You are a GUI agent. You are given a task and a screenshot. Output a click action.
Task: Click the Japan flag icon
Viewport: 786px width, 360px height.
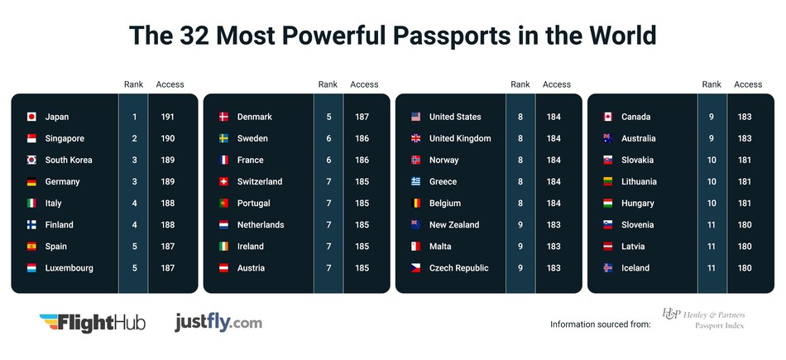32,117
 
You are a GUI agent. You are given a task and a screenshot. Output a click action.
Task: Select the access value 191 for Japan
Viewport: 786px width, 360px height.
167,117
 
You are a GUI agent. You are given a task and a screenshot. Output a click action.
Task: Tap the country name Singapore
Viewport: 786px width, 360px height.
65,138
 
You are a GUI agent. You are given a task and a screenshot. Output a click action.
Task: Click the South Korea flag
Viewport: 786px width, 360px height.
32,160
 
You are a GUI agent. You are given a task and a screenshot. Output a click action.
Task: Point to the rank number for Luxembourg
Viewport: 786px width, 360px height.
133,267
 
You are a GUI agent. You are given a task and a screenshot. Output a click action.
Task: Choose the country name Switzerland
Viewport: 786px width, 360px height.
259,181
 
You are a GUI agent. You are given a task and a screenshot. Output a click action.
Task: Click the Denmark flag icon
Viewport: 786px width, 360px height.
223,117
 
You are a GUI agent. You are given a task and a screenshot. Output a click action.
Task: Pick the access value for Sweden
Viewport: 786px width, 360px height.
362,138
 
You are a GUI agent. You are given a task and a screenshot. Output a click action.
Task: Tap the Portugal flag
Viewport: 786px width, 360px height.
223,203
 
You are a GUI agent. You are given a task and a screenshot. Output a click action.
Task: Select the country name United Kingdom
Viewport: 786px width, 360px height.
460,138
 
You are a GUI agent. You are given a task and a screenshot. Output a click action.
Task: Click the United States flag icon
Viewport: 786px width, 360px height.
415,117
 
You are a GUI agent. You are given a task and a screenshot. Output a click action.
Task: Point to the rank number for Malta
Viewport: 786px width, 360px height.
520,246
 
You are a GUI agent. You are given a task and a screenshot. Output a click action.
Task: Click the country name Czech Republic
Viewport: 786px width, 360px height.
458,267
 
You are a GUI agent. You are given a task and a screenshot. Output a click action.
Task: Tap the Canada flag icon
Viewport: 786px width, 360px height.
607,117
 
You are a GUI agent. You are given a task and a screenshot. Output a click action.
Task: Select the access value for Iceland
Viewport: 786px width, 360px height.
745,267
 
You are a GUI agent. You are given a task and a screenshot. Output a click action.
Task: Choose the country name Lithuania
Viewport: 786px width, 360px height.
639,181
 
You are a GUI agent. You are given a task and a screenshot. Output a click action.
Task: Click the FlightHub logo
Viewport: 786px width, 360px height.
92,322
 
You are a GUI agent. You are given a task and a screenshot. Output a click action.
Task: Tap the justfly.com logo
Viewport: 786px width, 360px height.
218,321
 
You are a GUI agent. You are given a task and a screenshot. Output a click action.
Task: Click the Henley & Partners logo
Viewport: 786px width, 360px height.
703,319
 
